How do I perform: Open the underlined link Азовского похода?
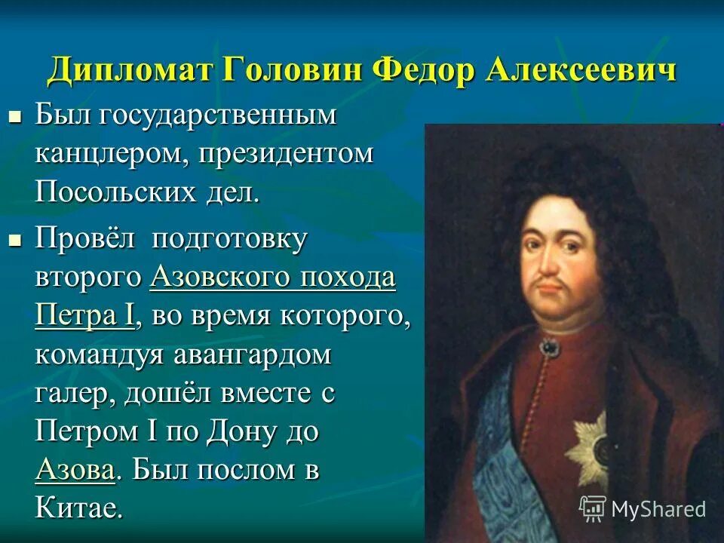[x=272, y=278]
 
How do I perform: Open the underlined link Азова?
[x=75, y=471]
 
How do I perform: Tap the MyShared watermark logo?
[x=643, y=508]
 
